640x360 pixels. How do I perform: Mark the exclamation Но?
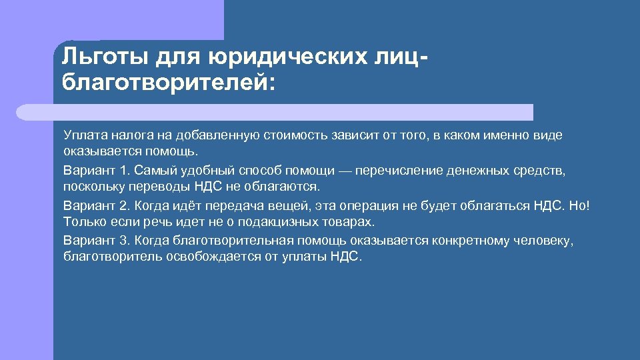[x=579, y=205]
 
